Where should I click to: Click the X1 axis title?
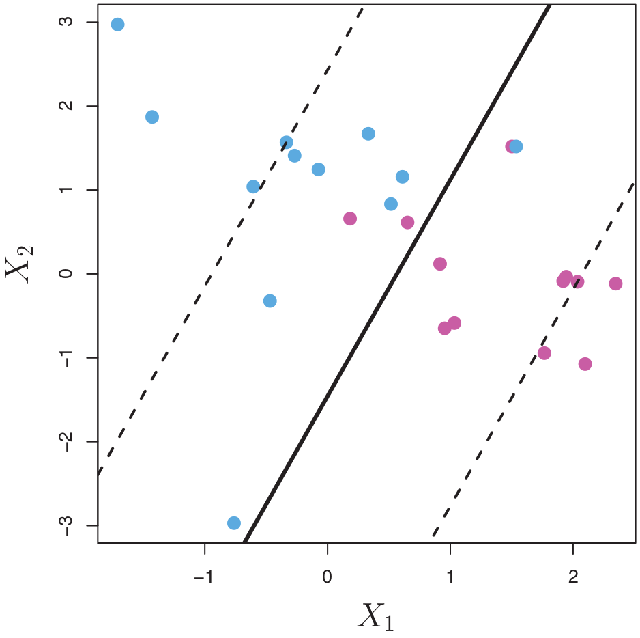coord(375,618)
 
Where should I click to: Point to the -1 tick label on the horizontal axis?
coord(203,577)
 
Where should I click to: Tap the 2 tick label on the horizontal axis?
coord(573,577)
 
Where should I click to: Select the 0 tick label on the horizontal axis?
coord(328,577)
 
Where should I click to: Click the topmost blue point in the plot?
coord(117,25)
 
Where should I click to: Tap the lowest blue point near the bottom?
coord(234,523)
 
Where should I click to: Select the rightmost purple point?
coord(615,283)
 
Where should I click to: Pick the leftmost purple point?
coord(350,219)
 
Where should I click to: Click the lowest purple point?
coord(585,364)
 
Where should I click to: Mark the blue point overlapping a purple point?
coord(517,146)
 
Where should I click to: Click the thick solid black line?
coord(396,273)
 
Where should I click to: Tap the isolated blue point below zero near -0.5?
coord(270,301)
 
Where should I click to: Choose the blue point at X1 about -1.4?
coord(152,117)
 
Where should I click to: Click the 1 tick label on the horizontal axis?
coord(450,577)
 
